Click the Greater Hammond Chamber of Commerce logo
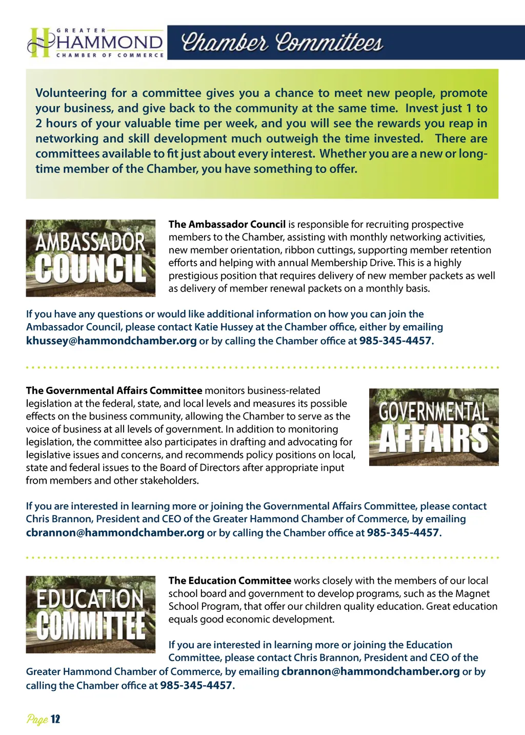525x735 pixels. click(96, 43)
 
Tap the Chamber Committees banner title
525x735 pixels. click(282, 43)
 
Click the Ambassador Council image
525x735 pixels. click(91, 258)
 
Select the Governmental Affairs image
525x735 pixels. click(434, 427)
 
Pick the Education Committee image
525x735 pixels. click(91, 614)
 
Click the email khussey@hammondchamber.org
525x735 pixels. click(111, 341)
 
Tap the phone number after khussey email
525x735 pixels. click(395, 341)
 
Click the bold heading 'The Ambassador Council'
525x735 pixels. click(227, 224)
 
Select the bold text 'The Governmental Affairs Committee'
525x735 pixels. click(114, 390)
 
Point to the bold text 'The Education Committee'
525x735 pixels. click(230, 581)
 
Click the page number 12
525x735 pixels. click(55, 719)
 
